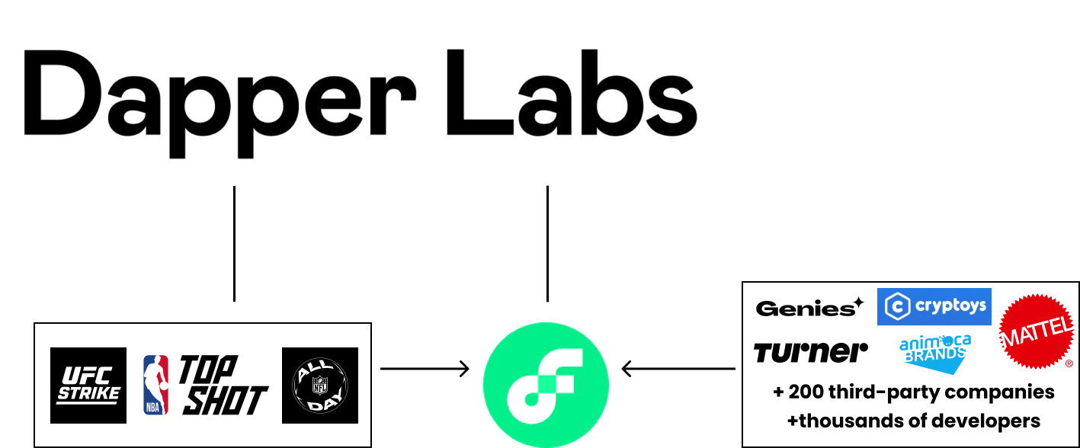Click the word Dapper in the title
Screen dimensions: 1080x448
tap(220, 103)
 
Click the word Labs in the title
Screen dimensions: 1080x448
tap(572, 92)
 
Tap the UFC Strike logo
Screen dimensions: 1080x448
tap(88, 386)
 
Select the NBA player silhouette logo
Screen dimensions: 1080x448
tap(155, 385)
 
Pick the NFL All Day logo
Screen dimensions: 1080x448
tap(320, 386)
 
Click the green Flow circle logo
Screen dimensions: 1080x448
tap(546, 385)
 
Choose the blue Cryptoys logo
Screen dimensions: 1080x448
tap(934, 307)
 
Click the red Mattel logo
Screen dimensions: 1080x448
tap(1037, 331)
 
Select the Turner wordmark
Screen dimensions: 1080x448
tap(810, 353)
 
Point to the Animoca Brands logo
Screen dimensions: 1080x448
tap(935, 354)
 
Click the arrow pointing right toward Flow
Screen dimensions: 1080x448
tap(425, 369)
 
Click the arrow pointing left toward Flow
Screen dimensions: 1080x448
tap(678, 369)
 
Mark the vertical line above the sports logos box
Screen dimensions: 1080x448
tap(234, 244)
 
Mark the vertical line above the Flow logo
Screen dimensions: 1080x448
tap(548, 244)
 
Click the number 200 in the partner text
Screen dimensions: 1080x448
tap(806, 392)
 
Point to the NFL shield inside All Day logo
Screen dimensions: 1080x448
tap(320, 386)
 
